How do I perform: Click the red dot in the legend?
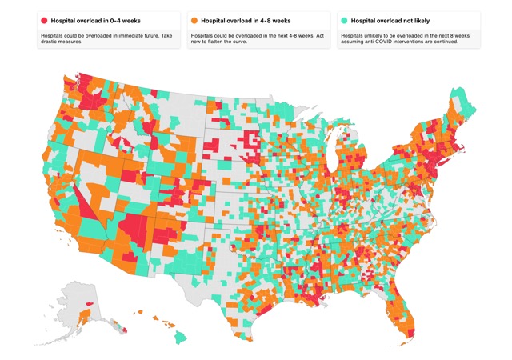tap(44, 21)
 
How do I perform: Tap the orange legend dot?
tap(194, 21)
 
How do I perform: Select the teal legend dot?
tap(344, 21)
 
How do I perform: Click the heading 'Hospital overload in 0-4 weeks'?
tap(96, 21)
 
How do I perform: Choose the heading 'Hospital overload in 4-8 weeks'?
tap(246, 21)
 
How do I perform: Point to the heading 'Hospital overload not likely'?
tap(390, 21)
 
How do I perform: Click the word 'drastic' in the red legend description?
tap(48, 42)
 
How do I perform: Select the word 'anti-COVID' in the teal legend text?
tap(371, 42)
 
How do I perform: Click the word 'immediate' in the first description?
tap(129, 36)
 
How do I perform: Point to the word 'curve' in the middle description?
tap(241, 42)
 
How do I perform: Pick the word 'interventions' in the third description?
tap(396, 42)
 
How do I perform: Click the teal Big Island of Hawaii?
tap(180, 337)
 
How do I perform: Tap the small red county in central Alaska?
tap(89, 303)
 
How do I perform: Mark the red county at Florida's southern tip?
tap(411, 334)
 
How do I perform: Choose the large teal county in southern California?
tap(93, 228)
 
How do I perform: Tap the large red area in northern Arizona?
tap(134, 229)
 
